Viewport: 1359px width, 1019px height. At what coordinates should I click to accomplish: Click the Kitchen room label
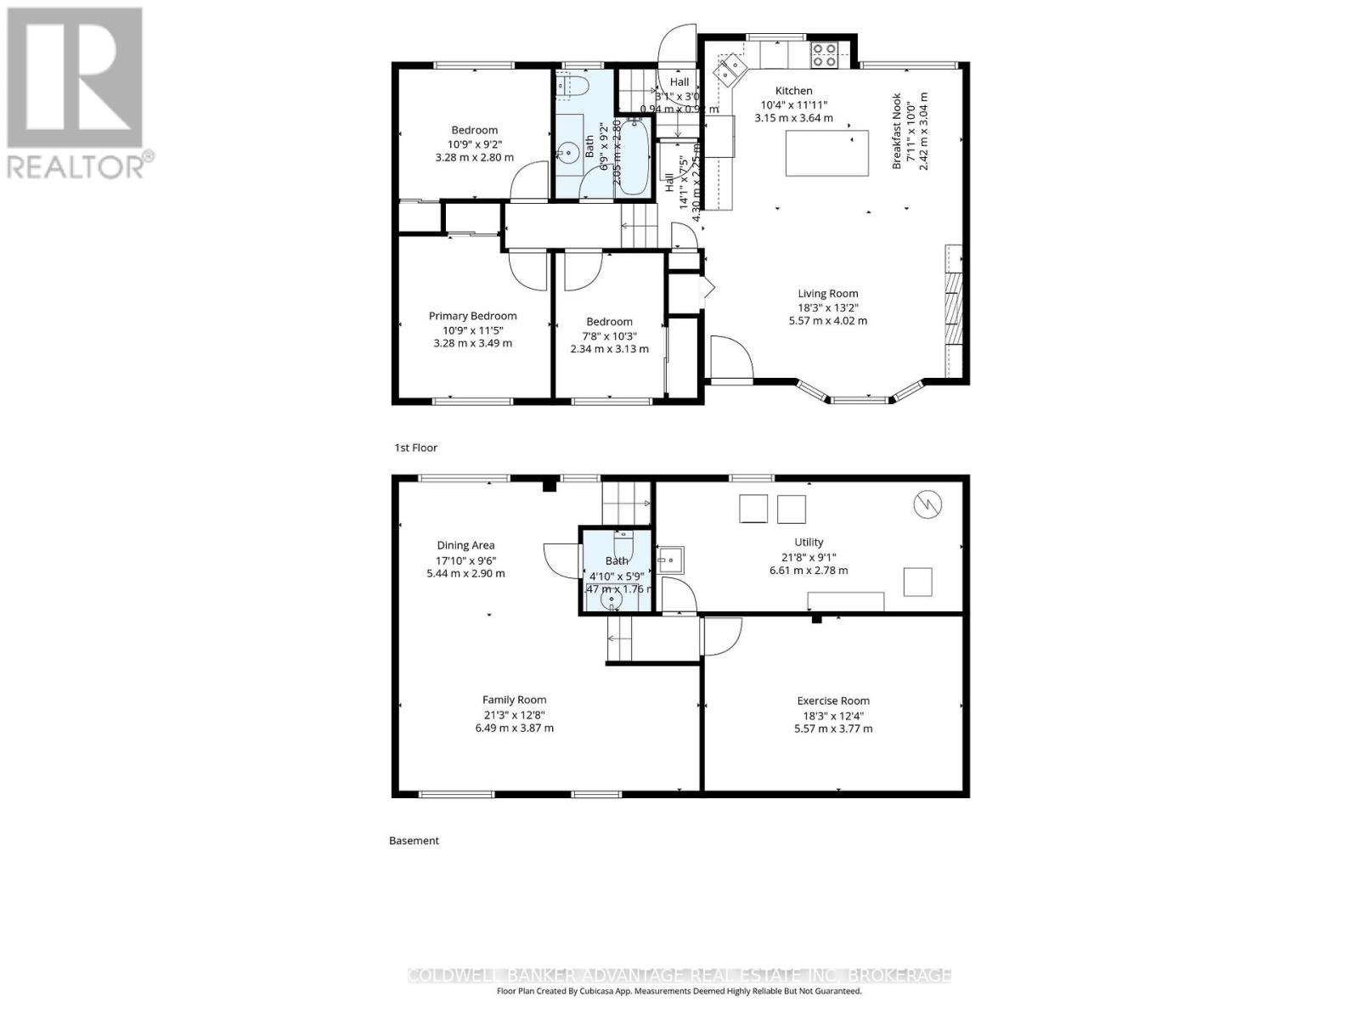tap(793, 91)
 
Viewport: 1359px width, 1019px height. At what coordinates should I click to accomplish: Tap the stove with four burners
tap(822, 54)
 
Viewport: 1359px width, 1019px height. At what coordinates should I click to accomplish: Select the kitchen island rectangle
tap(826, 153)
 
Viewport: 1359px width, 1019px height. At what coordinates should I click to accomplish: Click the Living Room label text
tap(827, 294)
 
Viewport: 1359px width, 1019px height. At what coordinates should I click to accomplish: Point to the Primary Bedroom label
tap(472, 316)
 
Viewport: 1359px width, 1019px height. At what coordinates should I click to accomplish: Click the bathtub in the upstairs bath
tap(631, 157)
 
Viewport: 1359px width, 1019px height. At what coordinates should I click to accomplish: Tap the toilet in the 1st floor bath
tap(573, 85)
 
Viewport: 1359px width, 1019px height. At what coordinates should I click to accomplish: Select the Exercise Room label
tap(832, 701)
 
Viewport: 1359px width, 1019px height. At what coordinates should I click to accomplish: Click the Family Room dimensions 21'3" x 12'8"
tap(514, 714)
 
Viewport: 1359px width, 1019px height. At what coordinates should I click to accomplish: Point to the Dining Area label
tap(465, 545)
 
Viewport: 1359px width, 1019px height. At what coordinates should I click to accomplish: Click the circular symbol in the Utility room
tap(928, 505)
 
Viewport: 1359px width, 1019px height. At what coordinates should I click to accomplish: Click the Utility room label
tap(809, 542)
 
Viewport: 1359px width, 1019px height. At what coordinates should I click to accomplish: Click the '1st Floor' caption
tap(415, 448)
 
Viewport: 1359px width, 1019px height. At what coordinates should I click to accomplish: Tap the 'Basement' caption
tap(414, 841)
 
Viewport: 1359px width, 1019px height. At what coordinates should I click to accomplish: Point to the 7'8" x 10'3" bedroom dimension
tap(609, 335)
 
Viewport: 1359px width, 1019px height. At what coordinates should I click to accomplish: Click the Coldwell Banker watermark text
tap(679, 976)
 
